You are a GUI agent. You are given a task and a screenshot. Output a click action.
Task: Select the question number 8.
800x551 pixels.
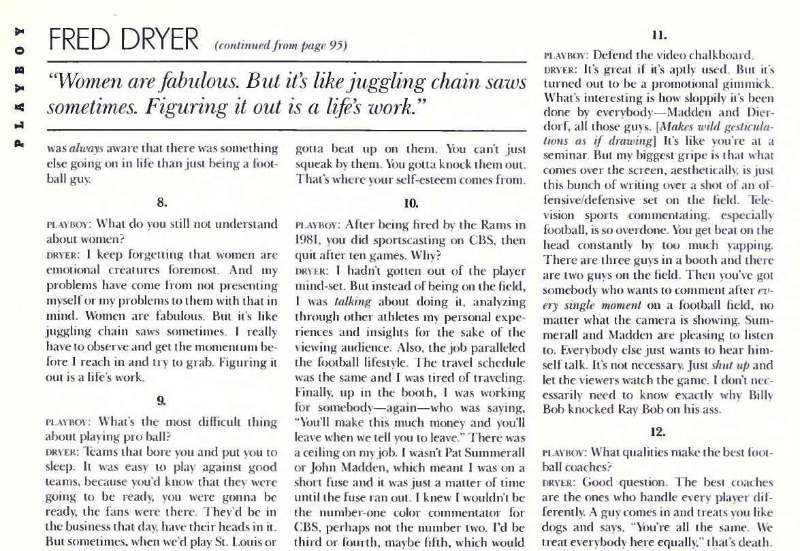(162, 201)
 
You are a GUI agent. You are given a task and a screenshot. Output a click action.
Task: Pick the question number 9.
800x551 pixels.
(162, 401)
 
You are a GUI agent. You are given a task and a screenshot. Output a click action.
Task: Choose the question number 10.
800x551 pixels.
(411, 201)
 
